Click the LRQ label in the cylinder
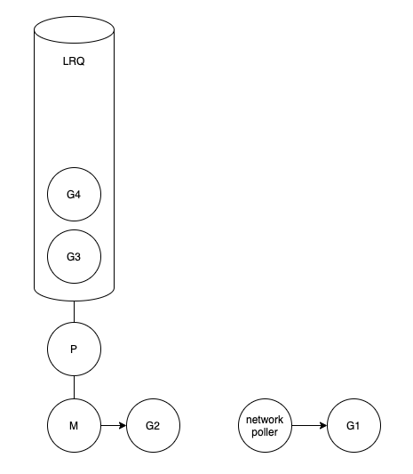pyautogui.click(x=74, y=61)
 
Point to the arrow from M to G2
pyautogui.click(x=114, y=426)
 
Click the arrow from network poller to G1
pyautogui.click(x=309, y=426)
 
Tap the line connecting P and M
pyautogui.click(x=74, y=387)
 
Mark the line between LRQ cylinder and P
pyautogui.click(x=74, y=311)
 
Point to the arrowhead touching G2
pyautogui.click(x=123, y=426)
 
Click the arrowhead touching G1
pyautogui.click(x=323, y=426)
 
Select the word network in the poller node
pyautogui.click(x=265, y=420)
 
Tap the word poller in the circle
pyautogui.click(x=265, y=432)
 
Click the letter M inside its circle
pyautogui.click(x=74, y=426)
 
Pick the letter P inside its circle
pyautogui.click(x=74, y=349)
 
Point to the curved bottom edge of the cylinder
pyautogui.click(x=74, y=301)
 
